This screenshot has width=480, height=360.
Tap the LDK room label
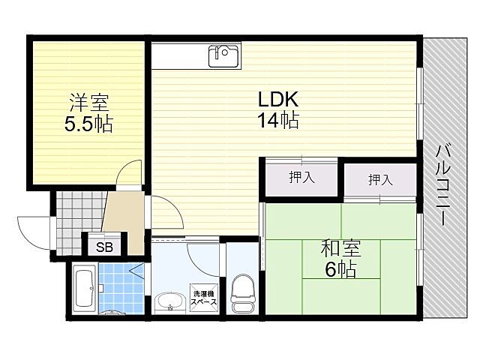click(279, 100)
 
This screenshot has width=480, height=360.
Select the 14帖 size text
click(279, 120)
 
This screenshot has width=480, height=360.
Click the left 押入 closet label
click(301, 178)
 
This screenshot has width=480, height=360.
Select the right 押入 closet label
click(380, 180)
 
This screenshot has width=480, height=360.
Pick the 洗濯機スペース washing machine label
click(205, 298)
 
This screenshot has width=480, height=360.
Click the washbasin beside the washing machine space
click(169, 301)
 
